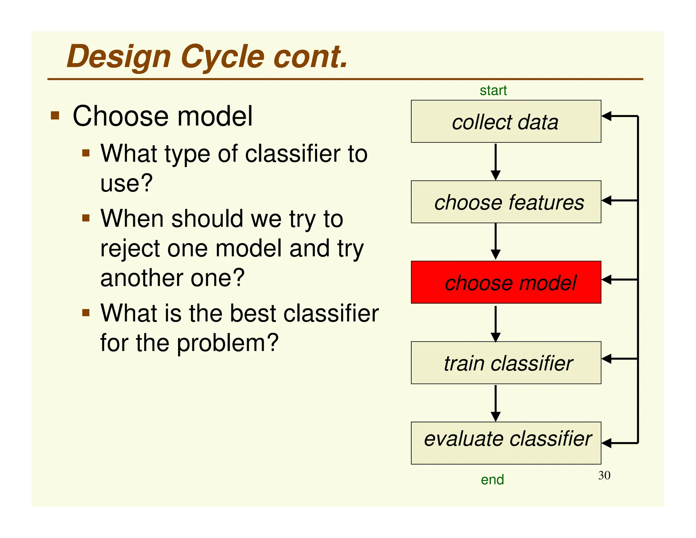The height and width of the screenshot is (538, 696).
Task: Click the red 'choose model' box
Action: point(506,282)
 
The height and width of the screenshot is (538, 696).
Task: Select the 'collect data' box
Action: point(506,121)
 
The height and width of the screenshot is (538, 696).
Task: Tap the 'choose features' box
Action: point(506,202)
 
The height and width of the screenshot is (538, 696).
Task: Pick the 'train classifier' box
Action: point(506,363)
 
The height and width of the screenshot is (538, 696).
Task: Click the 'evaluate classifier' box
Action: point(506,443)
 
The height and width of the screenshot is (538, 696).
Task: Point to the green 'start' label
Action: point(493,91)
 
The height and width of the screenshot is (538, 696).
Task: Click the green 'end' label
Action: point(492,480)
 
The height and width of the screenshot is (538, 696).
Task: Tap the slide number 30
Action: point(604,475)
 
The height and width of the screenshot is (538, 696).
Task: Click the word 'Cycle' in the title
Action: point(223,57)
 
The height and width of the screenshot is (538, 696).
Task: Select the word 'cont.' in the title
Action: point(311,57)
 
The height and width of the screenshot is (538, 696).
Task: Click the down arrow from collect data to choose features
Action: point(495,162)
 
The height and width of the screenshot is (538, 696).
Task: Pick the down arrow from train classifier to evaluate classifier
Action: point(495,403)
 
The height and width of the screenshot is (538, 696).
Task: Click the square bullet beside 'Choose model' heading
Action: point(55,116)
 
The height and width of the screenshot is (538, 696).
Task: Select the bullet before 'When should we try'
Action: point(86,218)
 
